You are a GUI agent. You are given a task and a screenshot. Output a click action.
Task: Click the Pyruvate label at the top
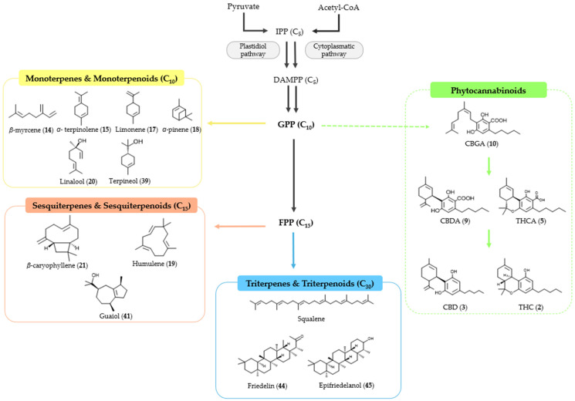click(244, 7)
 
